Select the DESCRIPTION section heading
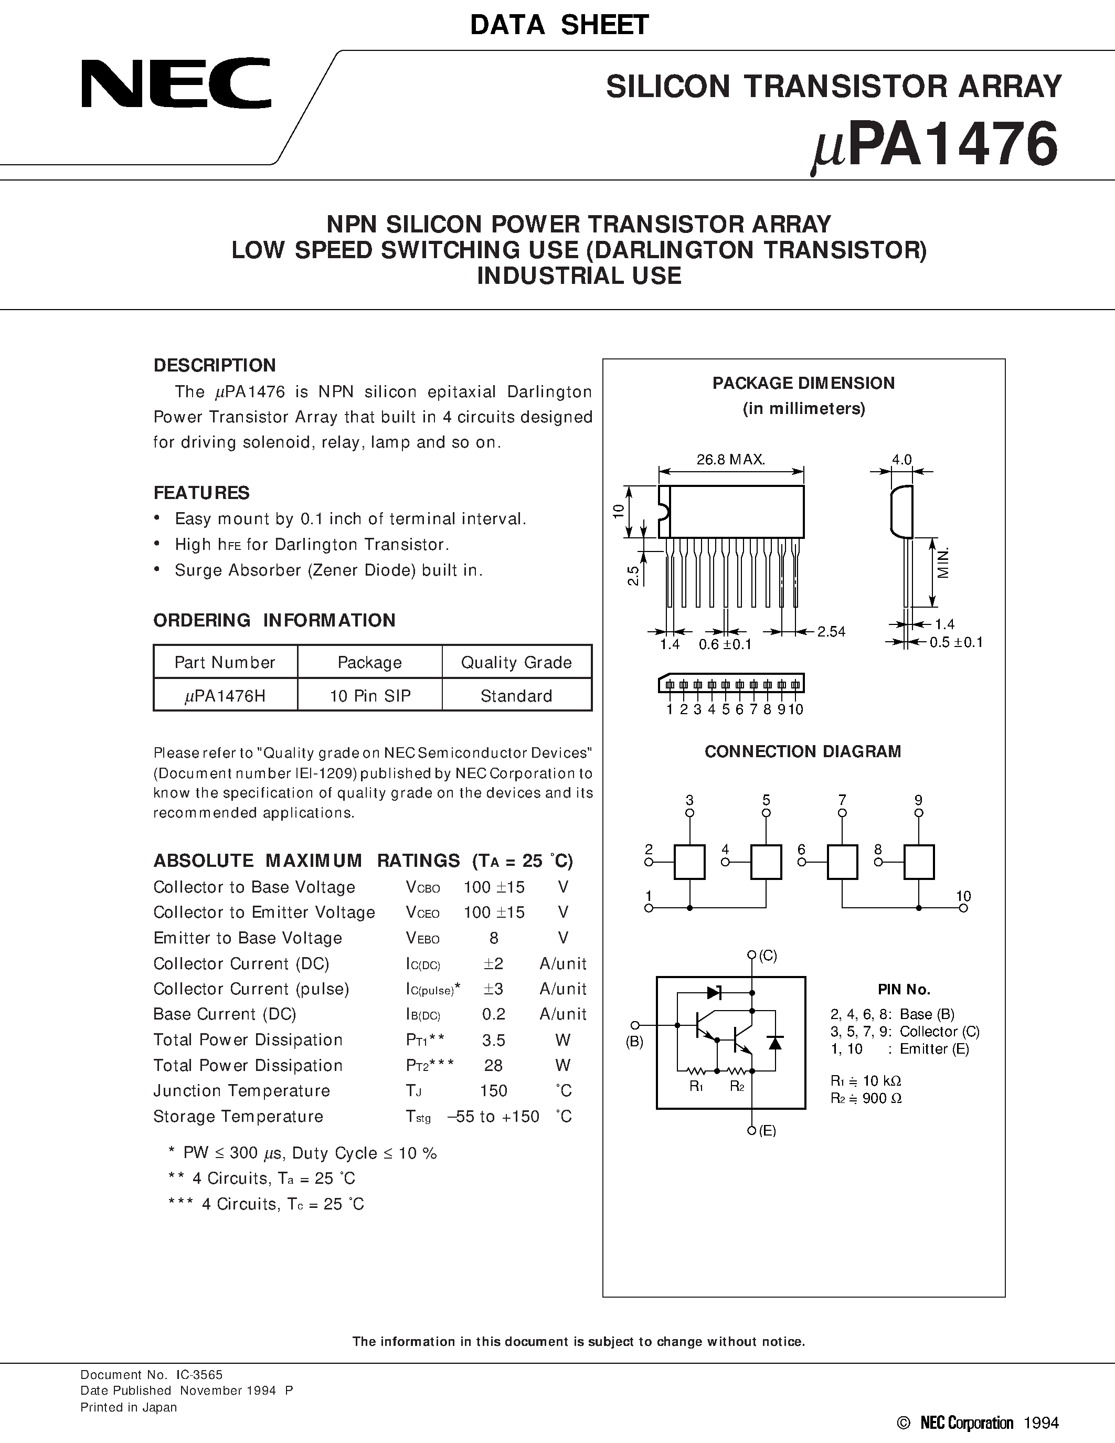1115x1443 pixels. [215, 365]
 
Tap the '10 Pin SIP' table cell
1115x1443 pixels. [370, 696]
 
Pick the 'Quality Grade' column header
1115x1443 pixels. [516, 663]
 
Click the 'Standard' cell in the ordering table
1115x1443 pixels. [516, 696]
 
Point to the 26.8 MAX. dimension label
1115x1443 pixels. [730, 459]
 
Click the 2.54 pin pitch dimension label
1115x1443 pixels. [831, 632]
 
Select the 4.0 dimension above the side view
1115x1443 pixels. [901, 459]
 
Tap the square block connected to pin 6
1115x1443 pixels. [842, 862]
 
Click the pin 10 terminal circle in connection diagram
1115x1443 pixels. [963, 908]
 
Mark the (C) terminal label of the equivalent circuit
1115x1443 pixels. [768, 956]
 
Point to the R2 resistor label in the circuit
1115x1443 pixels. [737, 1086]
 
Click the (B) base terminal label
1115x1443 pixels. [635, 1042]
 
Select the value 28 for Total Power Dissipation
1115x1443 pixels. [493, 1065]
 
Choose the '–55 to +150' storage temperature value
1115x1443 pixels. [493, 1117]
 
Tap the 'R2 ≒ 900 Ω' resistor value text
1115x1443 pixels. [866, 1098]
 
